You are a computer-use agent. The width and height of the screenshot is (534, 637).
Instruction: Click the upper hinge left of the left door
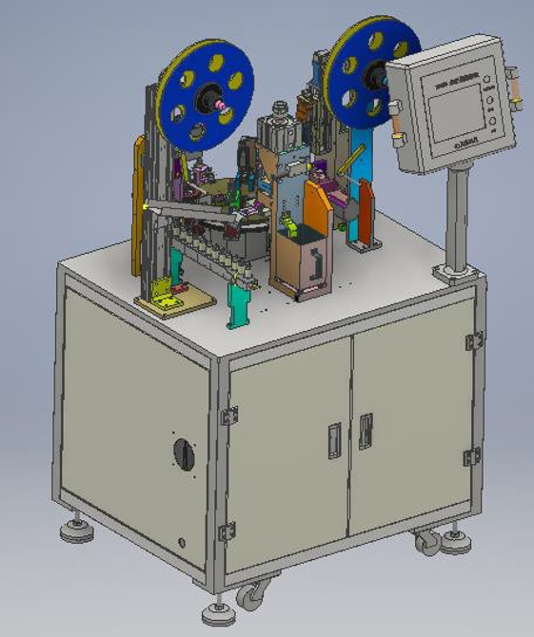228,415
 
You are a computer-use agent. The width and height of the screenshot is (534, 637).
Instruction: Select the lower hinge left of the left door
227,532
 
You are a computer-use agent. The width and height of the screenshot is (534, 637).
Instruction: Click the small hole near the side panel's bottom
181,542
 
